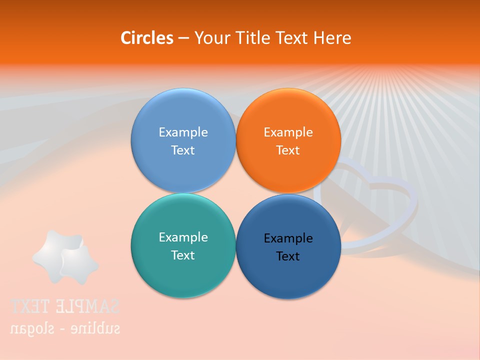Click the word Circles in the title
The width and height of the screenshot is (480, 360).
click(x=146, y=38)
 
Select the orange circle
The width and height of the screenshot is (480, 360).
click(x=288, y=120)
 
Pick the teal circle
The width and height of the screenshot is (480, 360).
click(x=183, y=270)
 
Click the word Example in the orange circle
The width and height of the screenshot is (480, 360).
click(x=288, y=132)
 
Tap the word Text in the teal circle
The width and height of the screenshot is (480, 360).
click(x=183, y=255)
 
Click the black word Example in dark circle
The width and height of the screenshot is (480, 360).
click(x=288, y=238)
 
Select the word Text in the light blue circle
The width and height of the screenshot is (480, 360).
click(x=183, y=150)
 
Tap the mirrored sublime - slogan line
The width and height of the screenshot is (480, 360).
click(x=65, y=328)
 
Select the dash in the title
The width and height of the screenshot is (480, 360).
click(x=183, y=38)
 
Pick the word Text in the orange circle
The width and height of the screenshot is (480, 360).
click(x=288, y=150)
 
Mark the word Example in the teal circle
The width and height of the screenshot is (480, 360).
click(x=183, y=237)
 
